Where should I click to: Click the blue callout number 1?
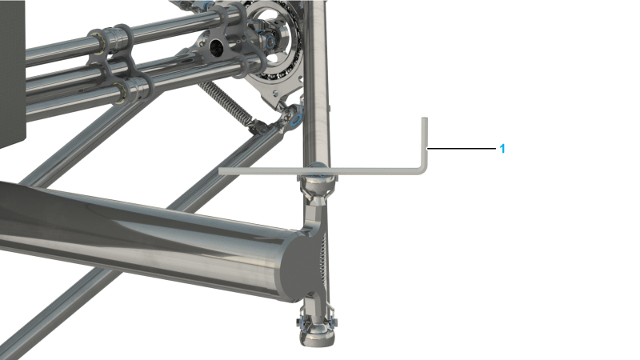click(x=502, y=149)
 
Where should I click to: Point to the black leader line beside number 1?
click(x=462, y=149)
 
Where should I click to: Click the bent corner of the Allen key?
click(x=423, y=170)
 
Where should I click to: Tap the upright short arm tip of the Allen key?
click(x=425, y=118)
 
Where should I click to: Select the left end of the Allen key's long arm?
click(x=221, y=171)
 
